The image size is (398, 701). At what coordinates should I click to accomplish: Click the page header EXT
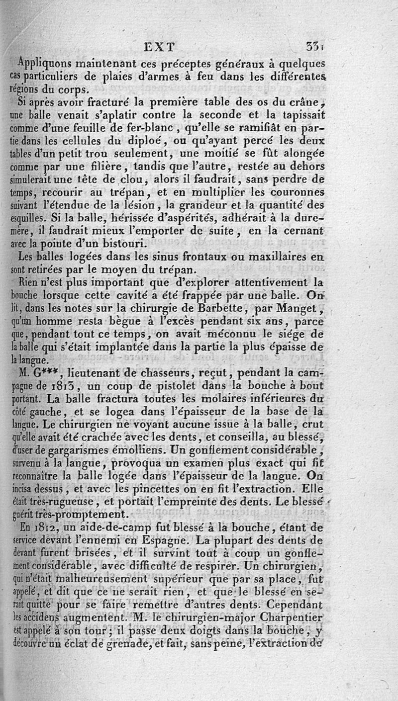pos(159,47)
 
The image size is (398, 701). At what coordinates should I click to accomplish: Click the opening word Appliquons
pos(45,64)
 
